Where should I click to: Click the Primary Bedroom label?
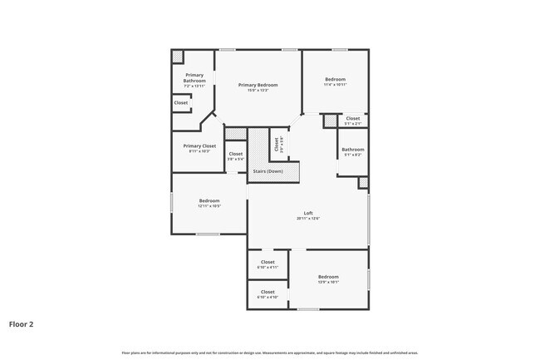[258, 85]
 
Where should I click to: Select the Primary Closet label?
[199, 145]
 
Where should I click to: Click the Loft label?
[307, 213]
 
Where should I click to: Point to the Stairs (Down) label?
[268, 171]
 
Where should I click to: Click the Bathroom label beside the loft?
[353, 150]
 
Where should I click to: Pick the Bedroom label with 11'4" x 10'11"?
[336, 80]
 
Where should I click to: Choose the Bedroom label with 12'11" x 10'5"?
[209, 200]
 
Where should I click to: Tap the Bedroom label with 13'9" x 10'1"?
[328, 277]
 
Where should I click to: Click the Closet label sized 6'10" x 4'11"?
[268, 262]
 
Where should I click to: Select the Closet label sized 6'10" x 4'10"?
[268, 292]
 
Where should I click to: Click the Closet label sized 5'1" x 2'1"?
[353, 118]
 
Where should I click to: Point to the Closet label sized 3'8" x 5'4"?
[236, 154]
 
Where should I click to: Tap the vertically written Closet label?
[277, 144]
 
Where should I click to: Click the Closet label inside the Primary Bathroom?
[180, 103]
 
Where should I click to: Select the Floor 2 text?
[22, 324]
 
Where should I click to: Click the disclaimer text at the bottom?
[270, 353]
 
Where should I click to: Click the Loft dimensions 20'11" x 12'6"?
[307, 219]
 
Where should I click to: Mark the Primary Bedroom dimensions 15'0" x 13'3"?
[258, 91]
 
